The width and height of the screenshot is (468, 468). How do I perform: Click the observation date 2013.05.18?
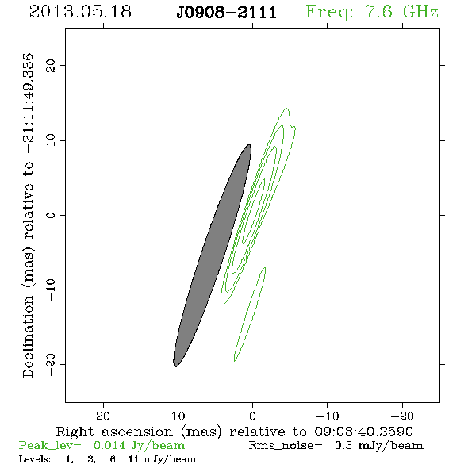pyautogui.click(x=80, y=12)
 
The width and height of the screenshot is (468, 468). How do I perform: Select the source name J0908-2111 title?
pyautogui.click(x=227, y=13)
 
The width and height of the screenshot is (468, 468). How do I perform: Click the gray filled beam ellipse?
pyautogui.click(x=213, y=255)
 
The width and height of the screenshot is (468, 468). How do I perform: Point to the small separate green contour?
pyautogui.click(x=250, y=313)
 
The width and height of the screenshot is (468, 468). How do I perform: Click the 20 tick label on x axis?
pyautogui.click(x=103, y=416)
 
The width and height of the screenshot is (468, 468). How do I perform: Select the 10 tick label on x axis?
pyautogui.click(x=178, y=416)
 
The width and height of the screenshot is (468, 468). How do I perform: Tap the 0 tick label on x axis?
pyautogui.click(x=252, y=416)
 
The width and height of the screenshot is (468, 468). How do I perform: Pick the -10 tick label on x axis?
pyautogui.click(x=328, y=416)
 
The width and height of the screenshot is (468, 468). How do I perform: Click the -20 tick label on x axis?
pyautogui.click(x=402, y=416)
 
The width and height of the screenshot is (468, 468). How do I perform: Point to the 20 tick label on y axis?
pyautogui.click(x=51, y=65)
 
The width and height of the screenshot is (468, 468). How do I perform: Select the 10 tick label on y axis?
pyautogui.click(x=51, y=140)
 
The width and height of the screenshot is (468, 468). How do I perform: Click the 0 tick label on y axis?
pyautogui.click(x=51, y=215)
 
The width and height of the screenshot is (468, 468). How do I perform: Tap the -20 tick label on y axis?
pyautogui.click(x=51, y=365)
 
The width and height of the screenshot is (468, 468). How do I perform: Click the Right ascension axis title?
pyautogui.click(x=235, y=432)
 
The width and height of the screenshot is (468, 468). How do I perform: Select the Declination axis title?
pyautogui.click(x=28, y=215)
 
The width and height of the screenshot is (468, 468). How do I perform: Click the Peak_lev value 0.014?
pyautogui.click(x=109, y=445)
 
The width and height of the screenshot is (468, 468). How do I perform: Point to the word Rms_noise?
pyautogui.click(x=286, y=446)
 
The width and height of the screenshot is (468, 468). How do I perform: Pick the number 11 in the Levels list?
pyautogui.click(x=133, y=458)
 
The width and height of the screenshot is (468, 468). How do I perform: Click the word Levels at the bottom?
pyautogui.click(x=35, y=458)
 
